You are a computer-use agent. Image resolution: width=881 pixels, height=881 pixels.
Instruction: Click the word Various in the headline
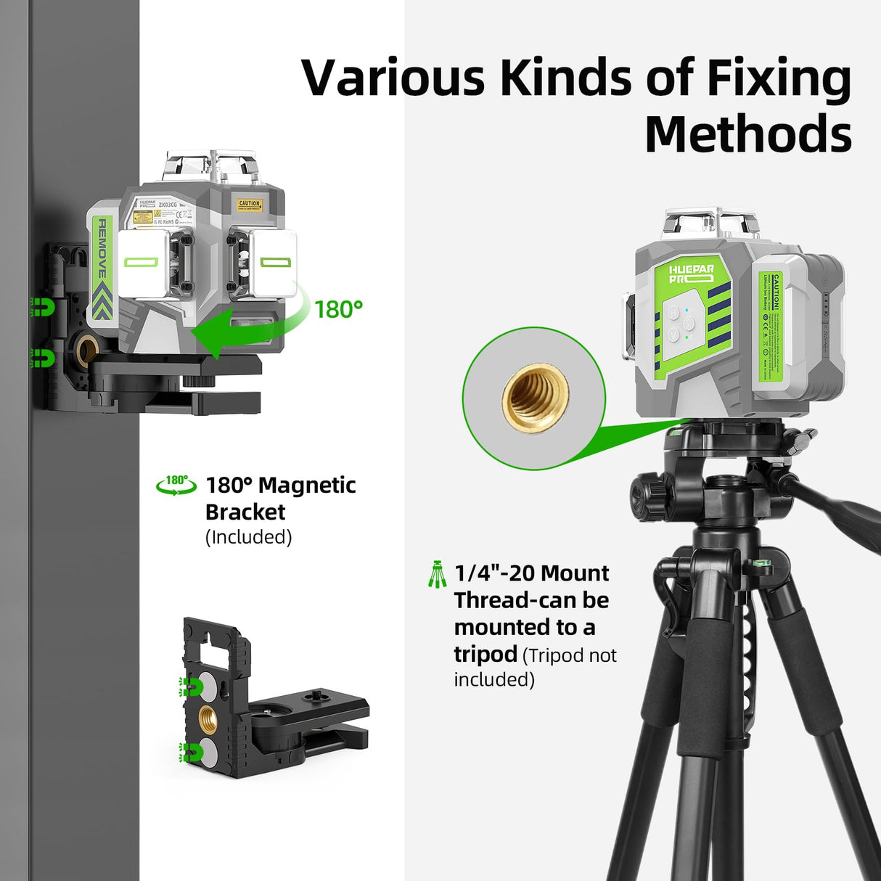[393, 78]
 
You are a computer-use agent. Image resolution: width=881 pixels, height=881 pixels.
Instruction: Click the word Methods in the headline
[747, 135]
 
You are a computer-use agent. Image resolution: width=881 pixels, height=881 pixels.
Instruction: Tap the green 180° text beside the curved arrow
[338, 309]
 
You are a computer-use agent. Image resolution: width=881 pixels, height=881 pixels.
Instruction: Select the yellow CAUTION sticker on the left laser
[249, 205]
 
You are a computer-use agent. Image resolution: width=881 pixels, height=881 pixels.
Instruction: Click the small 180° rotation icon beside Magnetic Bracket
[176, 485]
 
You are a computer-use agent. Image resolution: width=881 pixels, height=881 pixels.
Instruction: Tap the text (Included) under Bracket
[248, 537]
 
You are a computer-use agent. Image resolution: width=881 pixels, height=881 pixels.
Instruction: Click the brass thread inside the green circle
[535, 397]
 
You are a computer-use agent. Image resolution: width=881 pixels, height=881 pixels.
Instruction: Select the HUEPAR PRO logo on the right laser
[691, 274]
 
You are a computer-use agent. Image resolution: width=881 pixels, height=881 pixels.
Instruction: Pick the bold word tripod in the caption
[485, 654]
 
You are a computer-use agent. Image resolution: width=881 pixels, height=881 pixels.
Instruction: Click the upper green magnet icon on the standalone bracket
[190, 686]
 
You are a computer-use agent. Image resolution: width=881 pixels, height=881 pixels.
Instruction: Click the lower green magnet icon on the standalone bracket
[190, 752]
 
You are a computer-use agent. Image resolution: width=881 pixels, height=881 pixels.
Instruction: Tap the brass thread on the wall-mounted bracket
[87, 351]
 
